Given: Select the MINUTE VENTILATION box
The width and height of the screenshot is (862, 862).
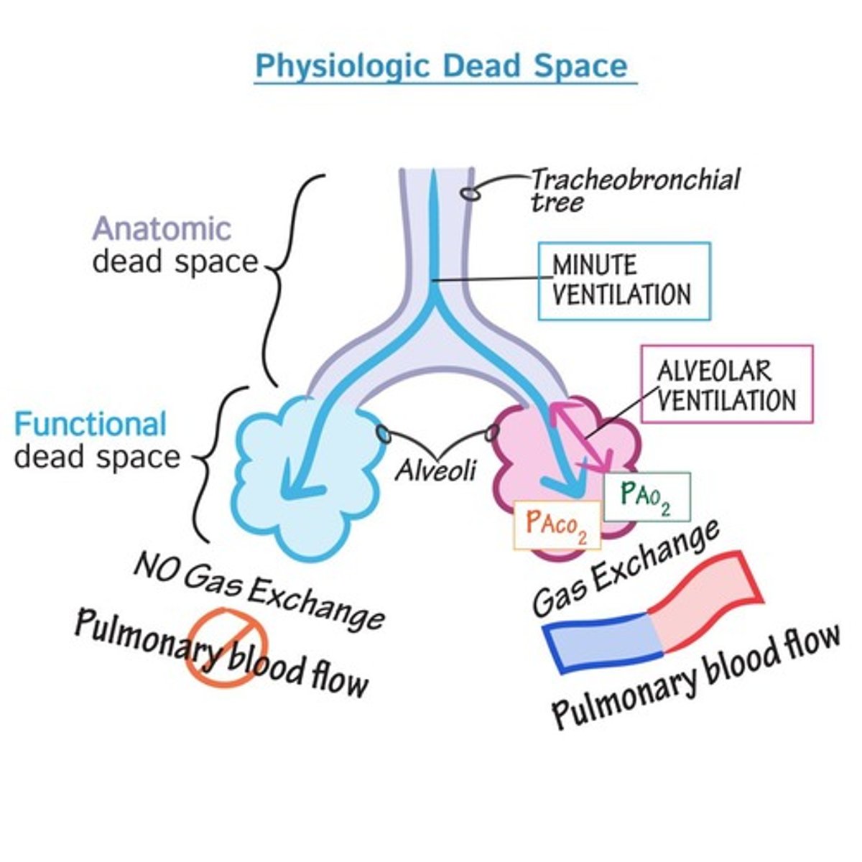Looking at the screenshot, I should (x=624, y=281).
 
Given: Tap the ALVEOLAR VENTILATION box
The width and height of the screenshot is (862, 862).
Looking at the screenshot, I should (x=726, y=384).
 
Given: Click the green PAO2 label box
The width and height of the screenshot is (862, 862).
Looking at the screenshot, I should (x=646, y=496).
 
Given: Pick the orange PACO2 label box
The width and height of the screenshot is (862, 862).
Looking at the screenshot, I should (x=557, y=525).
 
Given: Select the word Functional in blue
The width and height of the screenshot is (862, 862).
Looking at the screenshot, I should (x=91, y=425).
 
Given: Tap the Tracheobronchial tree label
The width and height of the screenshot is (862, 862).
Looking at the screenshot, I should (x=634, y=189).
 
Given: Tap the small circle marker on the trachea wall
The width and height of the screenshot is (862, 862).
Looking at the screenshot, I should (x=469, y=193).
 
